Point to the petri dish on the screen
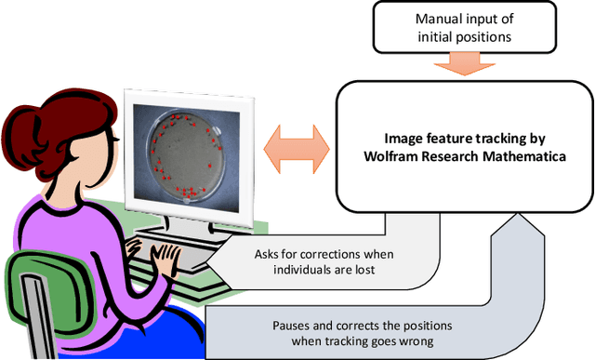click(187, 153)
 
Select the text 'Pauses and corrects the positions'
click(350, 326)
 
